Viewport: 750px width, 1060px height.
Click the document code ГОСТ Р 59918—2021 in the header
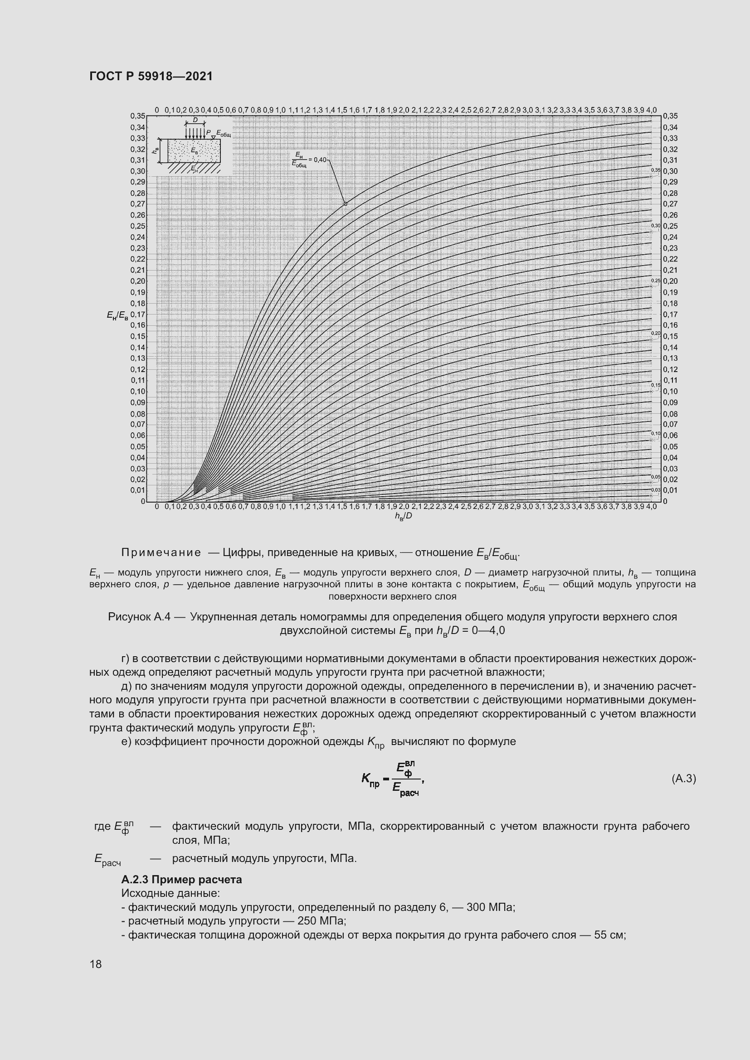151,76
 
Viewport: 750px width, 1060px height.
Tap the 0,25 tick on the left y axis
138,226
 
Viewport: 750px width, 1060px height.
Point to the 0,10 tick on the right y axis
670,392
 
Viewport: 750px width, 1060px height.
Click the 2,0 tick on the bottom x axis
404,507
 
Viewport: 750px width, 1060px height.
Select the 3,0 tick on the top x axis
527,110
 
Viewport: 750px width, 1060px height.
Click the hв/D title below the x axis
403,516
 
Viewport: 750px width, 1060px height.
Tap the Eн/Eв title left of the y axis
117,315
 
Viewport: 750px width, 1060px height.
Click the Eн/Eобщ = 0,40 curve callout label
309,159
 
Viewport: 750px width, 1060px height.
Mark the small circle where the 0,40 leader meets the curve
345,203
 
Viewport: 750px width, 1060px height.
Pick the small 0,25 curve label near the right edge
655,281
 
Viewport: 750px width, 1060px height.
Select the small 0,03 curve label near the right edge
655,489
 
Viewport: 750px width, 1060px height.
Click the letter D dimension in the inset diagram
195,120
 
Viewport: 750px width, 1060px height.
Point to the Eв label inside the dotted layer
195,150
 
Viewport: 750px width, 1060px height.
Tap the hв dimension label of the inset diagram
155,150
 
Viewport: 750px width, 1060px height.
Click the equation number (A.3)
683,779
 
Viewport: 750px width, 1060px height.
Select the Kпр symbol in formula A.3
370,780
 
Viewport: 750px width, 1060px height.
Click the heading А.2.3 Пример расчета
181,880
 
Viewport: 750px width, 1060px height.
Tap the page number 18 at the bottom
96,964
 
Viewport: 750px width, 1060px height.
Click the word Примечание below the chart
161,552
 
